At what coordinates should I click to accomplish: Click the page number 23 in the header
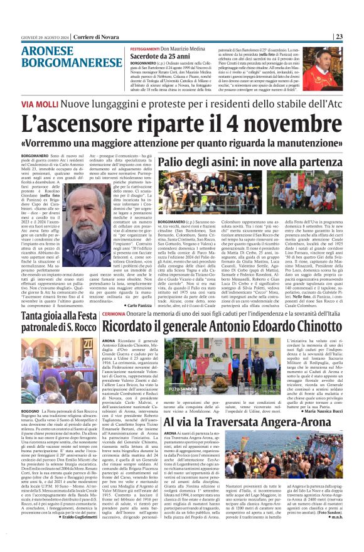coord(356,36)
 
